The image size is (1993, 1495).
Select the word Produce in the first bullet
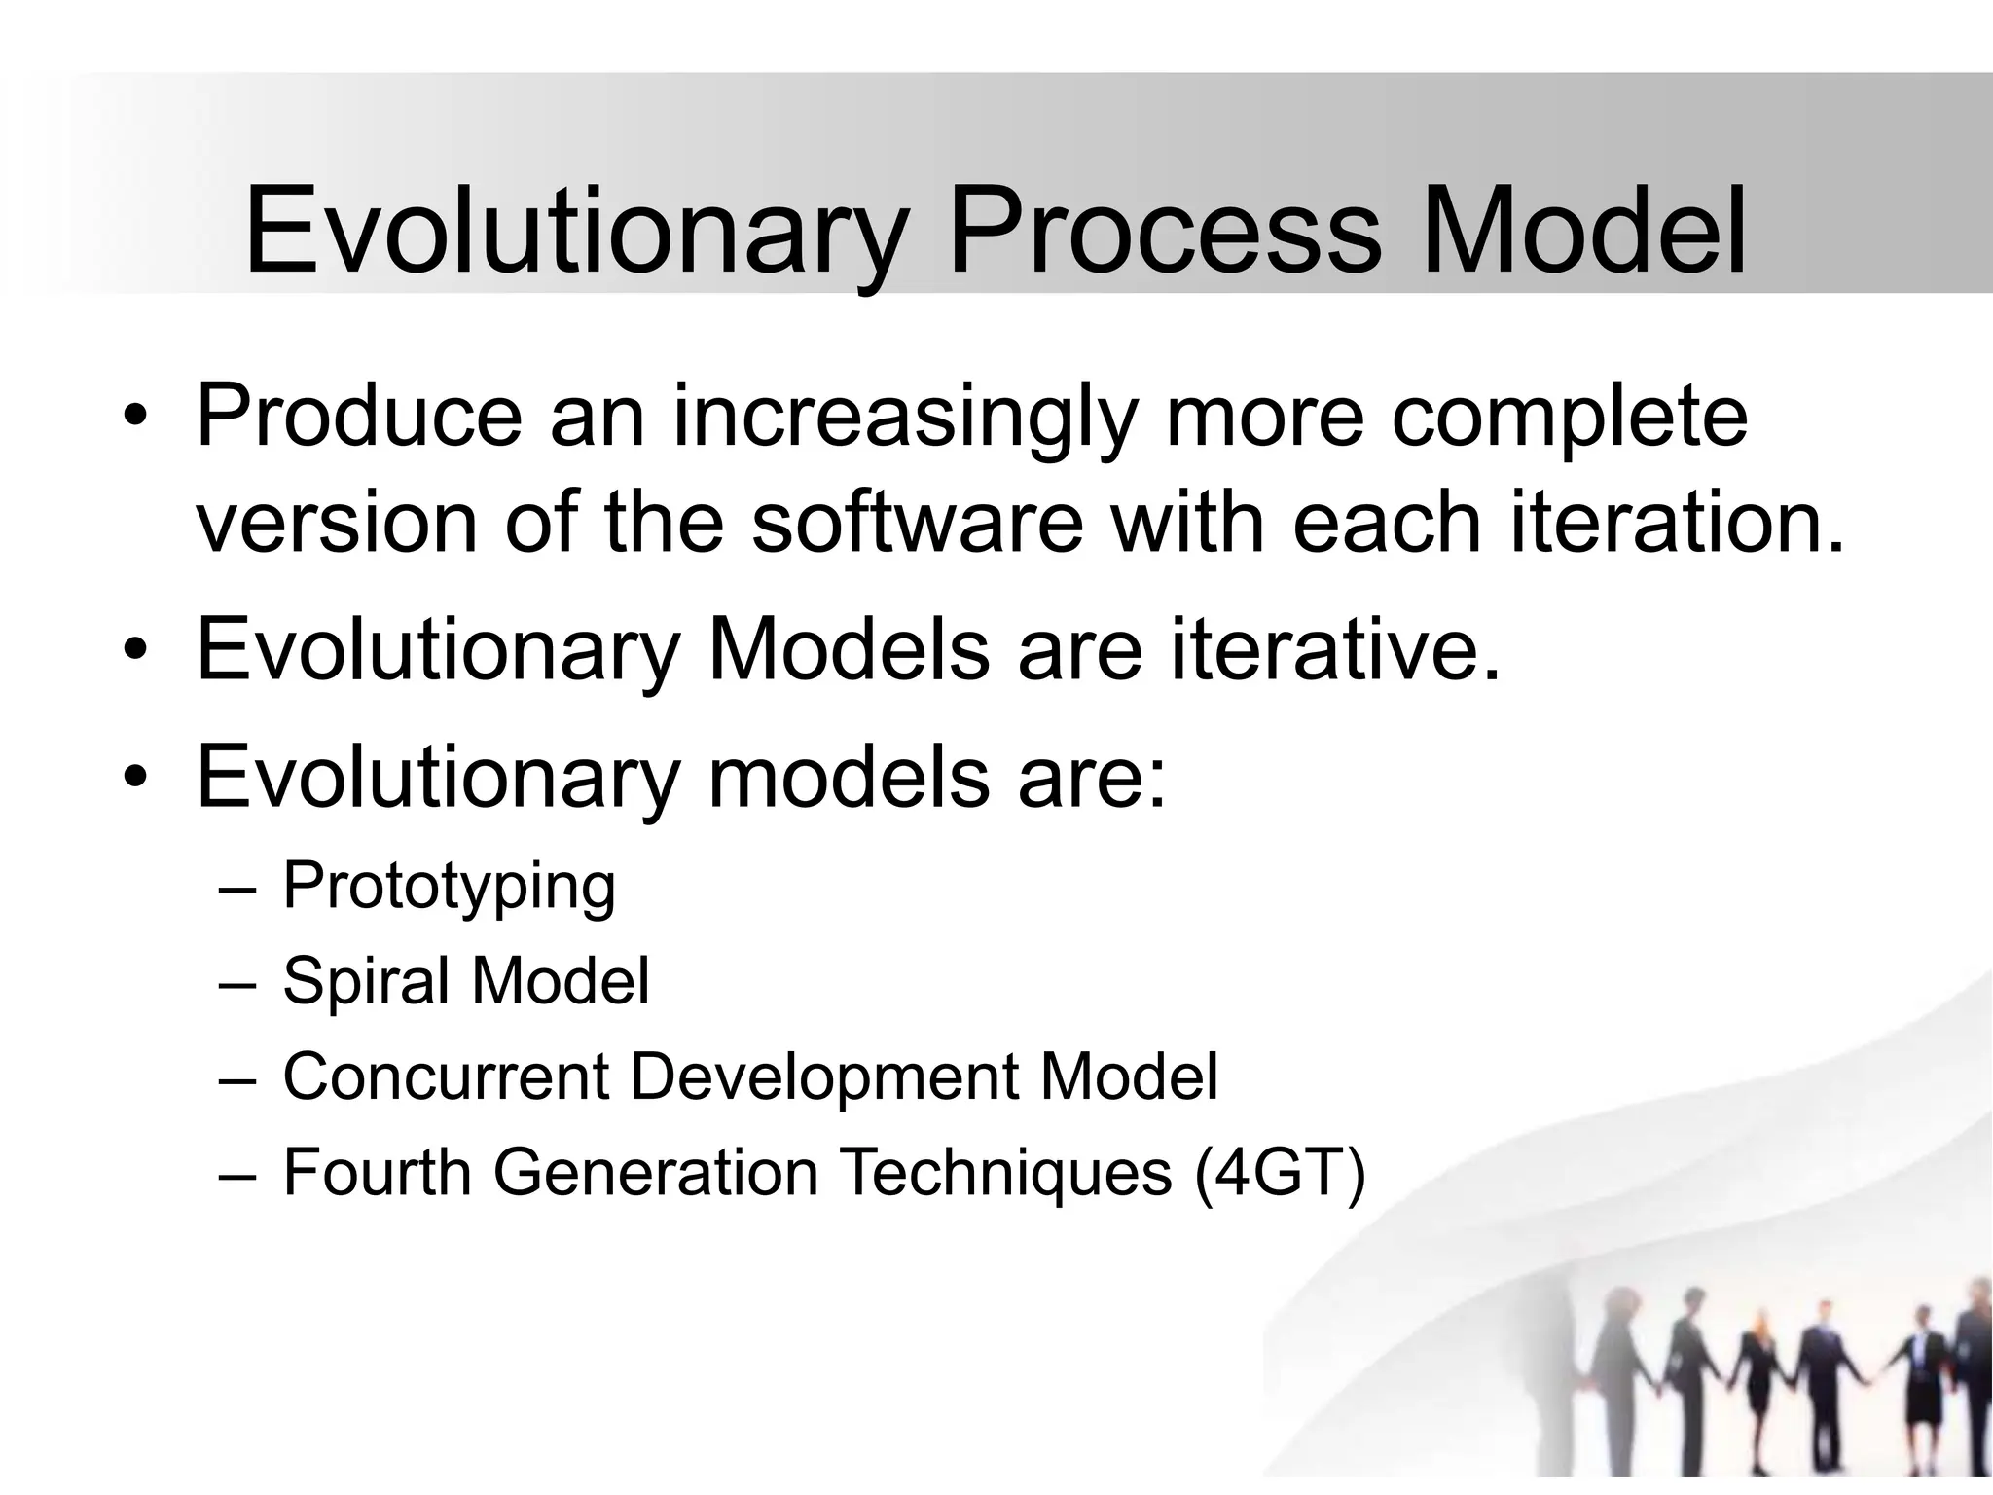tap(359, 417)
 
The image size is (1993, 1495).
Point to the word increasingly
tap(904, 417)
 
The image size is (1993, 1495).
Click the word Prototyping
tap(449, 886)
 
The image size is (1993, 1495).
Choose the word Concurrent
tap(446, 1076)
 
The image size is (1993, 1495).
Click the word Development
tap(825, 1076)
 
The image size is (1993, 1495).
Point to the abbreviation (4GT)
tap(1280, 1172)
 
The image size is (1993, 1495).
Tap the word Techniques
tap(1006, 1172)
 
